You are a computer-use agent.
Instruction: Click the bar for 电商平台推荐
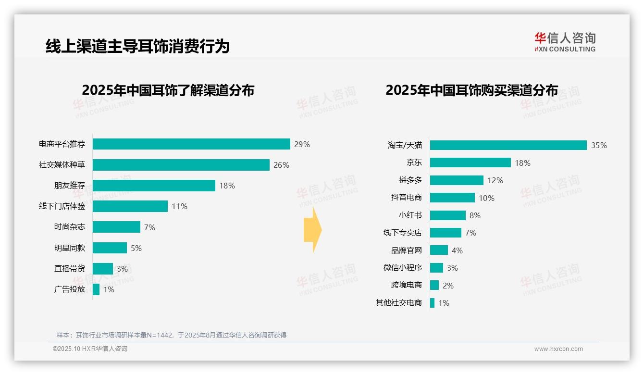191,144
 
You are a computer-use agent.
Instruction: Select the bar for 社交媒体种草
181,165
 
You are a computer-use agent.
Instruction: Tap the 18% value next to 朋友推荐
227,186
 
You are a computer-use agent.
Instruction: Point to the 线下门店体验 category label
62,206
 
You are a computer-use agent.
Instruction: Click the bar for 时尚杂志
116,227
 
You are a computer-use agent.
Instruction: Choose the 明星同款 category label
70,248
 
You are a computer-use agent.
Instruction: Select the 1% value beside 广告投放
109,289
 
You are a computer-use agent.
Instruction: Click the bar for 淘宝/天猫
508,145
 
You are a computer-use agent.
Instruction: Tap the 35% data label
599,145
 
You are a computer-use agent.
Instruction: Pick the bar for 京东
470,163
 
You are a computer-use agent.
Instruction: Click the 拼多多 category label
410,180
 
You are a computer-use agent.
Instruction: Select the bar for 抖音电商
452,198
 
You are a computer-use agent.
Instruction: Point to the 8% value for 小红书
475,215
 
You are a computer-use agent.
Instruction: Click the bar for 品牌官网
439,250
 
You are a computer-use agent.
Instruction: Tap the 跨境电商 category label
406,285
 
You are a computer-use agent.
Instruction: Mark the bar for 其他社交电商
432,303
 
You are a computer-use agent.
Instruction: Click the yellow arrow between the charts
312,230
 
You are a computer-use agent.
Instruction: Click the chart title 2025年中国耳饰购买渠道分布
471,90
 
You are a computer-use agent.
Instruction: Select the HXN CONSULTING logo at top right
565,42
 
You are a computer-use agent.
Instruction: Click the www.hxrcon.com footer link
558,349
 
